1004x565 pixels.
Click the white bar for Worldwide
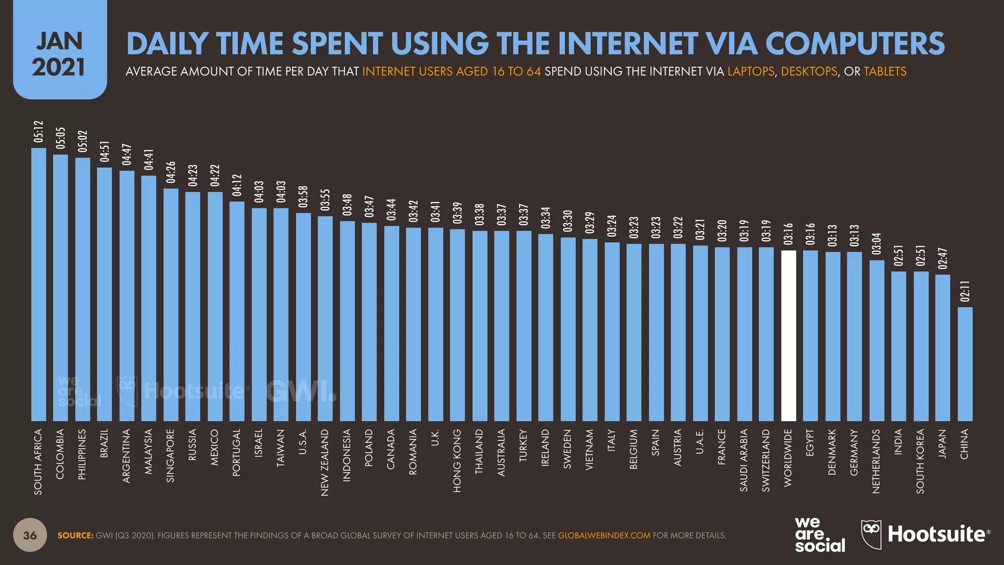click(788, 336)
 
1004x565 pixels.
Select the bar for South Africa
click(39, 284)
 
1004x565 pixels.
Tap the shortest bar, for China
click(965, 364)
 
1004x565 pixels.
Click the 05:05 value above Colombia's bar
click(60, 138)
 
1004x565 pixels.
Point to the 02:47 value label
click(943, 258)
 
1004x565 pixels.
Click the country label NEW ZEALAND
click(325, 462)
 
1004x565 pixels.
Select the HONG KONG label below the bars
click(457, 461)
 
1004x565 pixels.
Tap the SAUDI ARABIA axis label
click(744, 460)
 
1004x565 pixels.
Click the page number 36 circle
click(30, 535)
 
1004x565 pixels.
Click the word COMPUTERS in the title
click(854, 44)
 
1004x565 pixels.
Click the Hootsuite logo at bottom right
click(926, 534)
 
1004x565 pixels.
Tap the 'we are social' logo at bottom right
click(819, 535)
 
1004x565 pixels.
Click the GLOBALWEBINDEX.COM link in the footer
click(604, 536)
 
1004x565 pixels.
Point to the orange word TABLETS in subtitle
click(885, 72)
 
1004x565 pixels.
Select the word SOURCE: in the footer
click(75, 536)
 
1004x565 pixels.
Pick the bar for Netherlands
click(877, 340)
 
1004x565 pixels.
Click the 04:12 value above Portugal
click(237, 185)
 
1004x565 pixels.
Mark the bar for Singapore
click(171, 305)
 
